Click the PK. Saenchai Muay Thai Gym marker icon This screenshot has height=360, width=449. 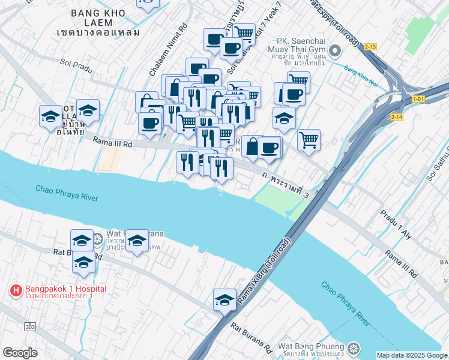coord(336,52)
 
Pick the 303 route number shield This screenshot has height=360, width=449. coord(29,326)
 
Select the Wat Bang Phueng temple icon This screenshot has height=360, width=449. coord(354,347)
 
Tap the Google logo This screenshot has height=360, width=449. coord(20,353)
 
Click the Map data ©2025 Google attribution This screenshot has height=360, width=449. coord(411,355)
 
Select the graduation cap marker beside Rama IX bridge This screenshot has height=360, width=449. coord(224,299)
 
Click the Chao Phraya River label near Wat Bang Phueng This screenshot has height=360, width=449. coord(345,303)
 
